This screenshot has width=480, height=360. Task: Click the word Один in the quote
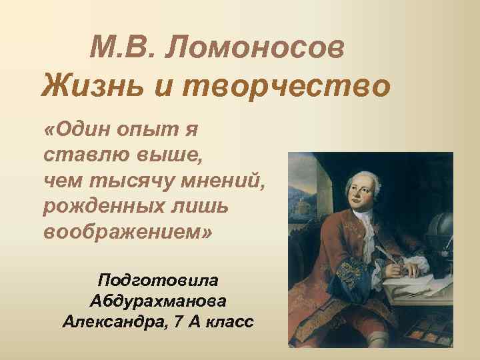pos(81,131)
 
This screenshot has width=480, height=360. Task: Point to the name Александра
pos(114,322)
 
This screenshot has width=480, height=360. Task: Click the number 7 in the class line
pos(176,322)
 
